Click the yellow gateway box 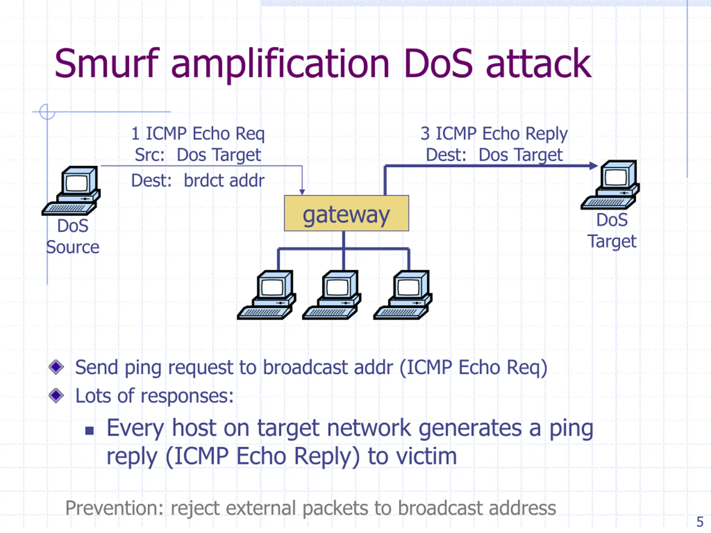(x=347, y=213)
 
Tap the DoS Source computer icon (x=71, y=190)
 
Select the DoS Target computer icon (x=610, y=185)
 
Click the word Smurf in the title (x=107, y=63)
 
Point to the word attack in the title (x=539, y=63)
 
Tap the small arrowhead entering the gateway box (x=302, y=192)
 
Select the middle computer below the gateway (x=332, y=295)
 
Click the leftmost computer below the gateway (x=266, y=295)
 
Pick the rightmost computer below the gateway (x=403, y=295)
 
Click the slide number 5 (x=700, y=522)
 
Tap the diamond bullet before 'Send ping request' (x=56, y=367)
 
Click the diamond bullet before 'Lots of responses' (x=56, y=395)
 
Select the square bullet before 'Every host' (x=89, y=431)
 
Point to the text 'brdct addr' (x=224, y=180)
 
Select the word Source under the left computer (x=73, y=247)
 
